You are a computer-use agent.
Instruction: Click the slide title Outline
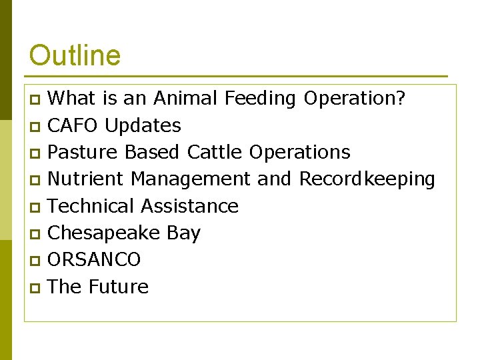click(75, 55)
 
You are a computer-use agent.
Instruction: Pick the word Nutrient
click(86, 179)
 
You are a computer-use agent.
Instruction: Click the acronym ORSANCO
click(94, 259)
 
